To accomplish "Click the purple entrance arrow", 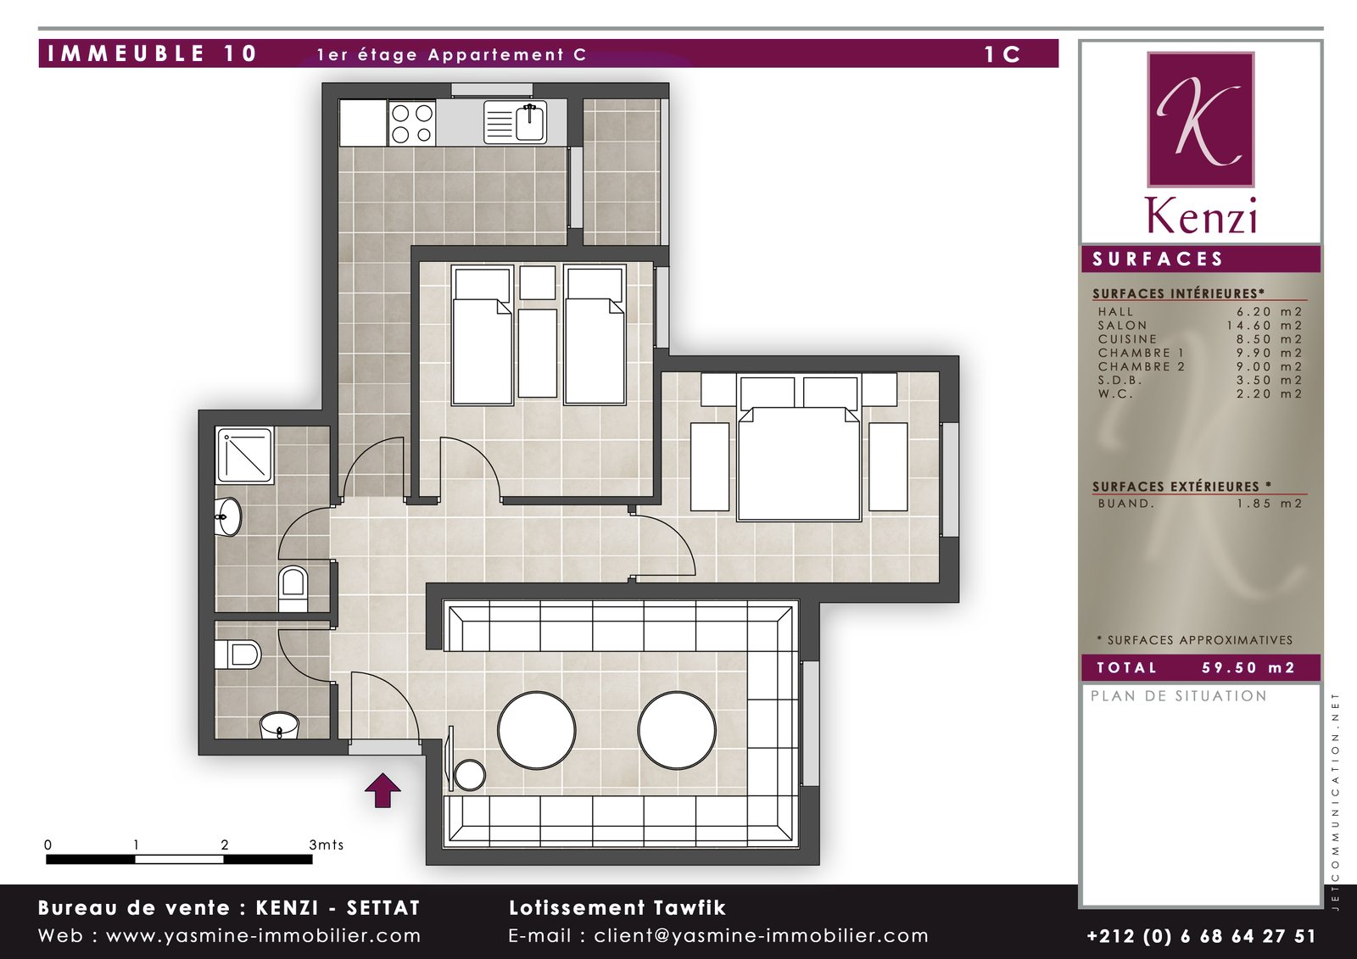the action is pos(383,790).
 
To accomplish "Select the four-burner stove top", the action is pos(412,123).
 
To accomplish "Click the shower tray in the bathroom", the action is pos(245,455).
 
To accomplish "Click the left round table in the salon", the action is pos(537,730).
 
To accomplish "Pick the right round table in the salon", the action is pos(677,730).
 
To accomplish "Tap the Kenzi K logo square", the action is pos(1201,120).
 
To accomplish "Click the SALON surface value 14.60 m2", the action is pos(1265,326).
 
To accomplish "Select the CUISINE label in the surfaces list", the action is pos(1127,339).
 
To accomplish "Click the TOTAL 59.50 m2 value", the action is pos(1248,667).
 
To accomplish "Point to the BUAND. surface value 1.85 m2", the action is pos(1270,504).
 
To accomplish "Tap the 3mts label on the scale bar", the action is pos(326,845).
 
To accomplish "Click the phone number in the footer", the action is pos(1202,936).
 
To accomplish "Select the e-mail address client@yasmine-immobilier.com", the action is pos(761,936).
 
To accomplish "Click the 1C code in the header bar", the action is pos(1002,54).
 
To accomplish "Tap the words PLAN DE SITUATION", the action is pos(1179,696).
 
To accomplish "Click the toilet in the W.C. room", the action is pos(237,655).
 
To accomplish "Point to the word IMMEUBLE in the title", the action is pos(126,54).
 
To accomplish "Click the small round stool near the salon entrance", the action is pos(470,776).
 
